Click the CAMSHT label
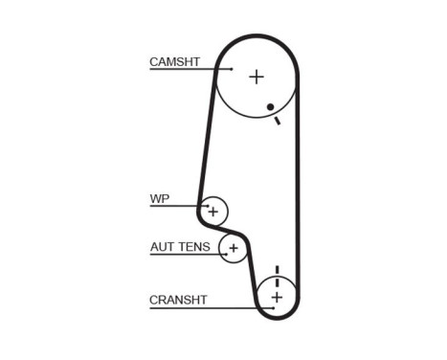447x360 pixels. (x=174, y=62)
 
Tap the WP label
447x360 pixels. (x=159, y=200)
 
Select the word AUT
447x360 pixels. (x=163, y=247)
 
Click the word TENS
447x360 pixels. (x=194, y=247)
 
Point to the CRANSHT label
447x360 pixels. (x=178, y=300)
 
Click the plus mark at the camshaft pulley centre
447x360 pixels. (x=256, y=77)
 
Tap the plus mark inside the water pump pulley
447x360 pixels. (x=213, y=211)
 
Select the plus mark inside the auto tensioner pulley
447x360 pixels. (x=234, y=250)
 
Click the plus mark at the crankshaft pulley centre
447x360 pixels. (x=277, y=298)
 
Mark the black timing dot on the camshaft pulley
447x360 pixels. (x=271, y=106)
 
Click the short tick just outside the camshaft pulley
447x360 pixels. (x=278, y=121)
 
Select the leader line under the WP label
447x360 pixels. (x=177, y=207)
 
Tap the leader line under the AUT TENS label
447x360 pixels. (x=191, y=254)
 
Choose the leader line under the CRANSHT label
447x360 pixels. (x=206, y=306)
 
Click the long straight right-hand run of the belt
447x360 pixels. (x=298, y=191)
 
